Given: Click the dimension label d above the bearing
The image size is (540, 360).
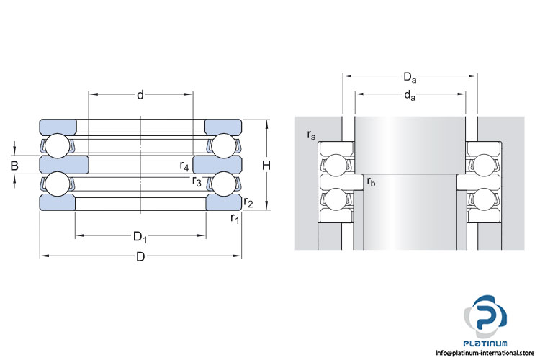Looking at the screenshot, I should (x=140, y=94).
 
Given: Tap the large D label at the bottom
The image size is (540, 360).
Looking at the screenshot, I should (x=140, y=258).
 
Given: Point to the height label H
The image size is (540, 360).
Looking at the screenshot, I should (x=266, y=166).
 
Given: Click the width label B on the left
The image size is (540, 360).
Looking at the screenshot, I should (x=14, y=166).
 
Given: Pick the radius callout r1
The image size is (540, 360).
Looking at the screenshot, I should (x=235, y=217).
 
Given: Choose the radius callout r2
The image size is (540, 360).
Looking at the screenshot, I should (x=248, y=202).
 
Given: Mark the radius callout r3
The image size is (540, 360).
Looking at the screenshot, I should (x=196, y=181).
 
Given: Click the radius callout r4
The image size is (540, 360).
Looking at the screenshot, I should (x=185, y=166).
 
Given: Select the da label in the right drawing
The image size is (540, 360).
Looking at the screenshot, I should (x=410, y=95).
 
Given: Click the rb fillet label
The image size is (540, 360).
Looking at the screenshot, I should (x=371, y=182).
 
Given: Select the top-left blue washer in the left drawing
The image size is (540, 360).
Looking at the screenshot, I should (x=58, y=125).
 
